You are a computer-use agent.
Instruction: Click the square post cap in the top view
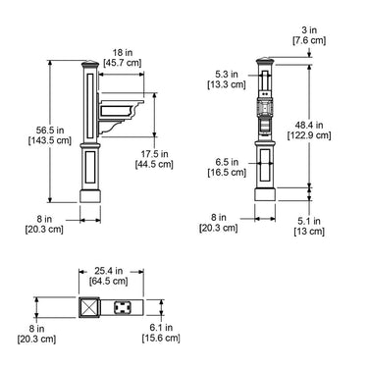point(90,307)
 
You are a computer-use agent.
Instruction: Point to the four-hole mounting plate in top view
point(124,307)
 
